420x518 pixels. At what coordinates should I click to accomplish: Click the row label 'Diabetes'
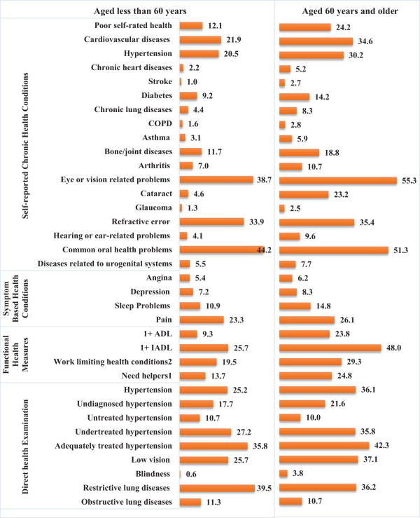click(x=154, y=96)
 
